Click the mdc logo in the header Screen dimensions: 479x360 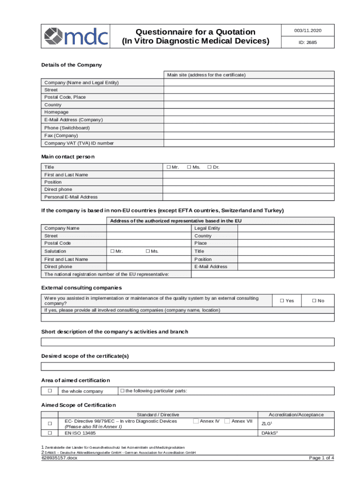tap(76, 35)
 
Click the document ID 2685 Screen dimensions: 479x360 tap(308, 42)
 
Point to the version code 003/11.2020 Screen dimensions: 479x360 tap(308, 30)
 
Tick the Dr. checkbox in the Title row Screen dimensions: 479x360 tap(209, 167)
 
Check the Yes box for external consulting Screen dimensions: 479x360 tap(282, 301)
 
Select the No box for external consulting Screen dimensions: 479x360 tap(315, 301)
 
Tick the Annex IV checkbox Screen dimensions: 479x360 tap(196, 421)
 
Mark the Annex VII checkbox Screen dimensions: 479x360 tap(227, 421)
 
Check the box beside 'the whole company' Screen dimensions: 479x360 tap(49, 391)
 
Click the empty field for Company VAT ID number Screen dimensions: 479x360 tap(249, 143)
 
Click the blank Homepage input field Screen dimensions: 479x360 tap(249, 112)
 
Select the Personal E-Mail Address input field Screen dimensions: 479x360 tap(249, 197)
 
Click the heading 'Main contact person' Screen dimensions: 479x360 tap(68, 157)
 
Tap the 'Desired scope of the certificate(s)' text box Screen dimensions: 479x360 tap(188, 366)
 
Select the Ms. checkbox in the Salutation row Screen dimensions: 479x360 tap(148, 251)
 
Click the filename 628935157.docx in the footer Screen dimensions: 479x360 tap(59, 458)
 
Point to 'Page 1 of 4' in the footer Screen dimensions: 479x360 tap(321, 458)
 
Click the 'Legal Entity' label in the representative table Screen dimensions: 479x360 tap(207, 228)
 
